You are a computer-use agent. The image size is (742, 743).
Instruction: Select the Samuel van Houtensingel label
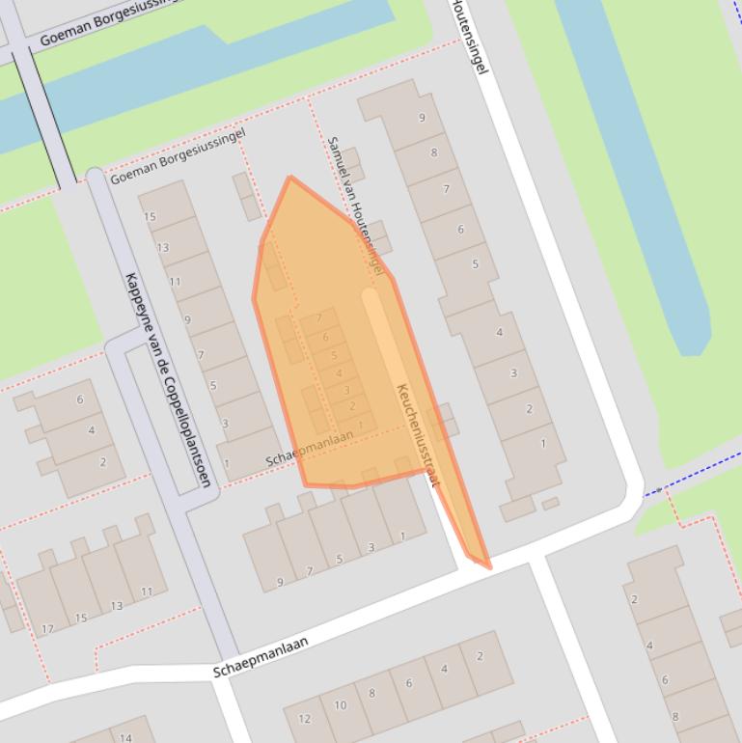[x=355, y=204]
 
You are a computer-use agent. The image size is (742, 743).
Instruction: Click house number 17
[x=47, y=630]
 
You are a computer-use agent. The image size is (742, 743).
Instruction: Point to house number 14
[x=125, y=738]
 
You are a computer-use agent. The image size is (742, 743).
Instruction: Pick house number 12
[x=305, y=719]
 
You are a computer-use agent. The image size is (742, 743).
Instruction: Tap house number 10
[x=340, y=705]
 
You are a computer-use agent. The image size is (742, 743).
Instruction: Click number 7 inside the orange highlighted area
[x=319, y=318]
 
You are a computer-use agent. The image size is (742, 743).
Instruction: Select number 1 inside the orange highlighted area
[x=361, y=425]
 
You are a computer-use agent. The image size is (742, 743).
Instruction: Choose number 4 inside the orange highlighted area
[x=339, y=373]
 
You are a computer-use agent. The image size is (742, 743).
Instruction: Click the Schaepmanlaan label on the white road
[x=261, y=656]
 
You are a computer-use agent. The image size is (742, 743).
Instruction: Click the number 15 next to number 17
[x=81, y=619]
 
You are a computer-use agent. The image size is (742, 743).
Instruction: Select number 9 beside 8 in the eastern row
[x=422, y=118]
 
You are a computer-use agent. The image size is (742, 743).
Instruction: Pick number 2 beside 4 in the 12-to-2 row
[x=479, y=657]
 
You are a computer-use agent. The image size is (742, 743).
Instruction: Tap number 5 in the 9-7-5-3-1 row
[x=340, y=560]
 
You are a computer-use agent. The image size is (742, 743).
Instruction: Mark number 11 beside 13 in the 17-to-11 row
[x=147, y=592]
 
